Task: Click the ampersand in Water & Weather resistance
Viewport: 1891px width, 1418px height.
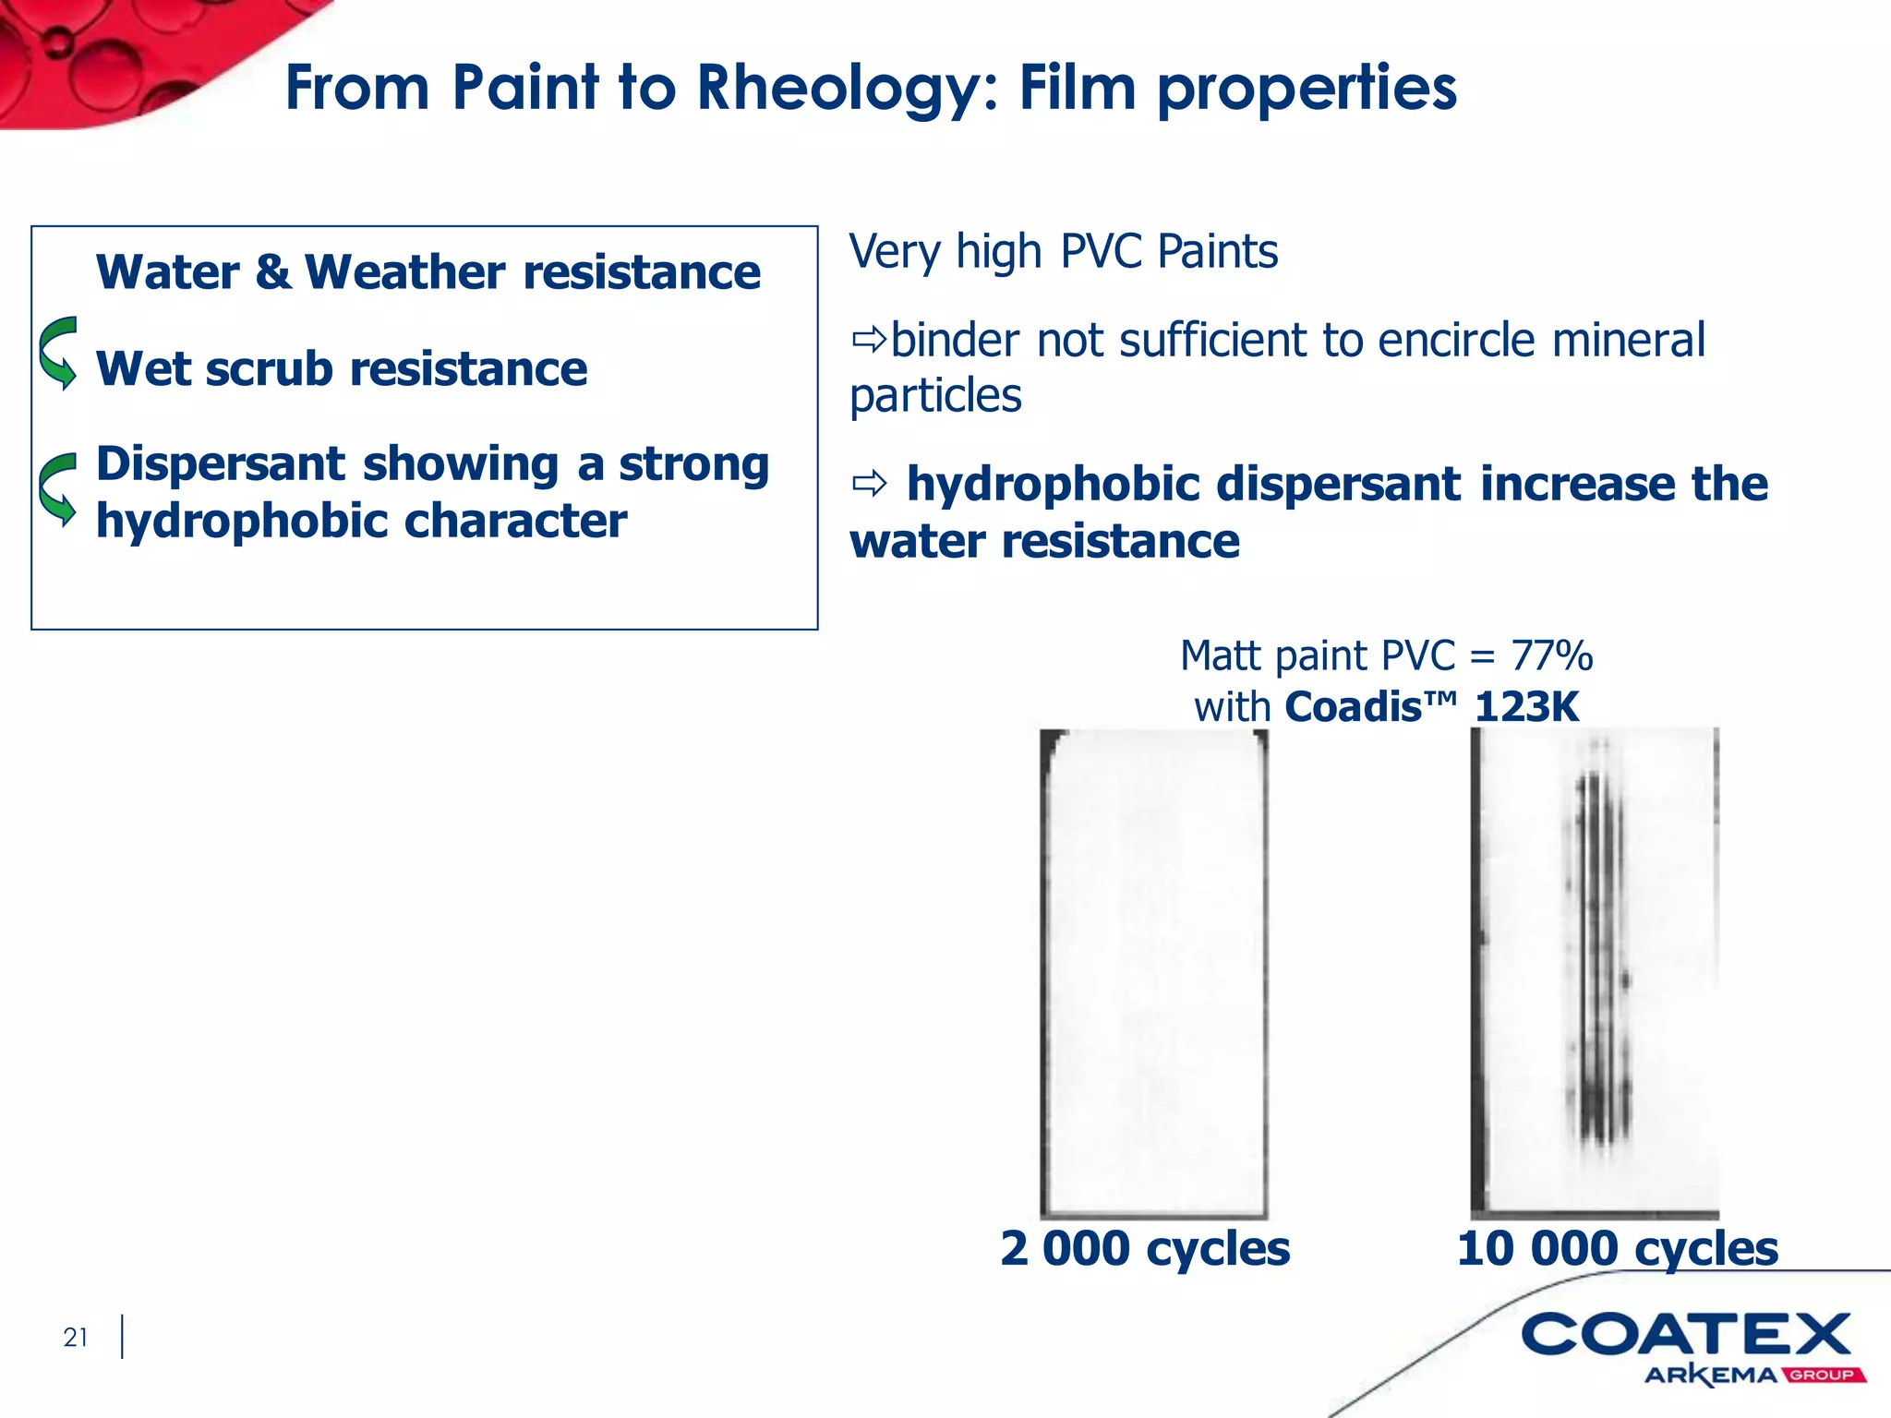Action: tap(271, 272)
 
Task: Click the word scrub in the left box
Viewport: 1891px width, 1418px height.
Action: tap(269, 369)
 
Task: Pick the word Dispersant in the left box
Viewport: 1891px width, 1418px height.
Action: tap(221, 463)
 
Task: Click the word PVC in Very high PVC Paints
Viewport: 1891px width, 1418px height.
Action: tap(1102, 251)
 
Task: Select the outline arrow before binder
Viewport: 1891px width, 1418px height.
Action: tap(869, 341)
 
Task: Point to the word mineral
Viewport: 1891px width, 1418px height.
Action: tap(1628, 341)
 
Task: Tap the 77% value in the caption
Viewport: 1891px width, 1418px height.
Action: tap(1551, 656)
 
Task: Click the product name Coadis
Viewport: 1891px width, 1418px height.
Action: tap(1353, 707)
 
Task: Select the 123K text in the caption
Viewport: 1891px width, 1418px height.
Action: tap(1526, 707)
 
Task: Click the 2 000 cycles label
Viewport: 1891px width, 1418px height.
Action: tap(1145, 1249)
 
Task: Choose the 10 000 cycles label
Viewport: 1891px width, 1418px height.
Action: tap(1617, 1249)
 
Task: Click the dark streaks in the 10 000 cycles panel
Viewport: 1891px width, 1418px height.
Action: tap(1600, 960)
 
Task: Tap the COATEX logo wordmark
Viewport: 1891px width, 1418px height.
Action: tap(1686, 1336)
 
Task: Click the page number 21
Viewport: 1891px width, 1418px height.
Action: tap(76, 1337)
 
